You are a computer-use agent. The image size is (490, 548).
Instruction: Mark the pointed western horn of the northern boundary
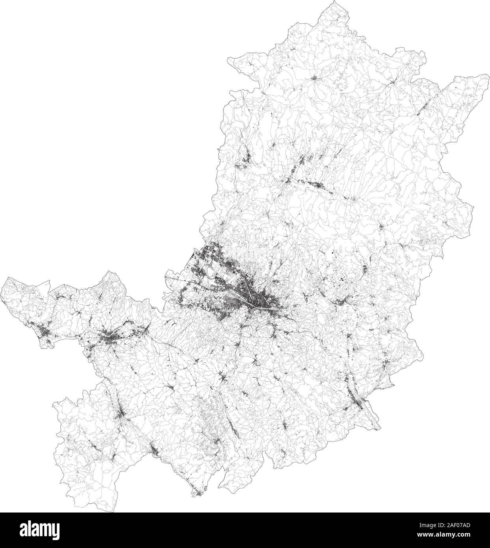229,58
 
